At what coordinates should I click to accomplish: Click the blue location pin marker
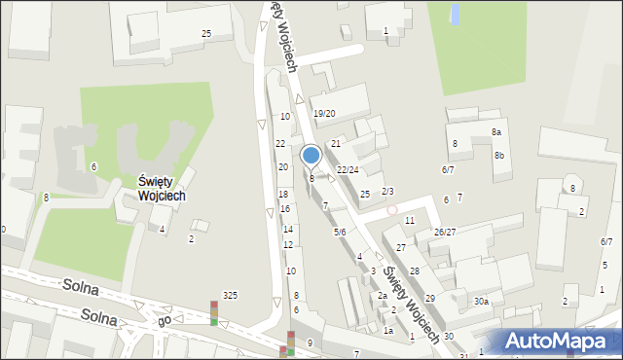click(x=311, y=156)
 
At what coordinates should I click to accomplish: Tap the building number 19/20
click(x=324, y=114)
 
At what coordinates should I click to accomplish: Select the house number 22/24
click(x=348, y=170)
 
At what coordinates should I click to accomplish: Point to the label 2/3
click(x=387, y=191)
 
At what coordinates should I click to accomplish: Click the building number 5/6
click(x=341, y=232)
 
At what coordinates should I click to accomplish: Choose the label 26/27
click(x=445, y=232)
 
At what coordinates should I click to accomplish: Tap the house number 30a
click(x=481, y=302)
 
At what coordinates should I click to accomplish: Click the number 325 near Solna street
click(x=230, y=295)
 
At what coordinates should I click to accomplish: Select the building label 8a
click(x=495, y=132)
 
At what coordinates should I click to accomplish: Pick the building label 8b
click(x=499, y=156)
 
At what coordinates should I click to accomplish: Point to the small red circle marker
click(x=392, y=209)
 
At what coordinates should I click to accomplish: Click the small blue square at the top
click(x=455, y=14)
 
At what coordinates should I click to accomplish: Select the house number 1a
click(x=387, y=331)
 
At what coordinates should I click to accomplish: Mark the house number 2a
click(x=383, y=296)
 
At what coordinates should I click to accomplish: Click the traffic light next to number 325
click(x=214, y=313)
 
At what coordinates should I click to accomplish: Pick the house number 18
click(x=283, y=195)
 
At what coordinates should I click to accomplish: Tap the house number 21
click(x=335, y=144)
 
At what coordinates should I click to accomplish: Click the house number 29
click(x=429, y=298)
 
